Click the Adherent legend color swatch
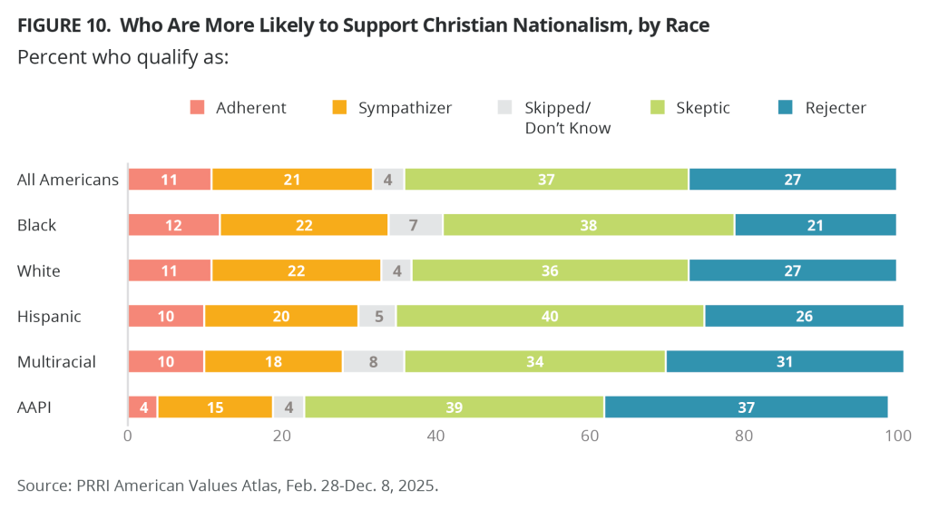pyautogui.click(x=197, y=108)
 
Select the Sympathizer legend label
pyautogui.click(x=405, y=108)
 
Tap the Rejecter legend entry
pyautogui.click(x=835, y=108)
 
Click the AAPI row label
pyautogui.click(x=34, y=407)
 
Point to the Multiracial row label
pyautogui.click(x=56, y=362)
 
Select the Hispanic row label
pyautogui.click(x=49, y=317)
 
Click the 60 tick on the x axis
pyautogui.click(x=590, y=436)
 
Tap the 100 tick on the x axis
pyautogui.click(x=897, y=436)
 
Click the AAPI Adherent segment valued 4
pyautogui.click(x=143, y=407)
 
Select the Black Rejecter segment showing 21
pyautogui.click(x=815, y=225)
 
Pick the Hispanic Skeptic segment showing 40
pyautogui.click(x=550, y=317)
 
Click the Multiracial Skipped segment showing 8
pyautogui.click(x=374, y=362)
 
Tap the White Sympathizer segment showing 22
pyautogui.click(x=296, y=270)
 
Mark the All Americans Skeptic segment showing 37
pyautogui.click(x=546, y=180)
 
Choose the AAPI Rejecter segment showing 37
pyautogui.click(x=746, y=407)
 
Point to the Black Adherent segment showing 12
pyautogui.click(x=174, y=225)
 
